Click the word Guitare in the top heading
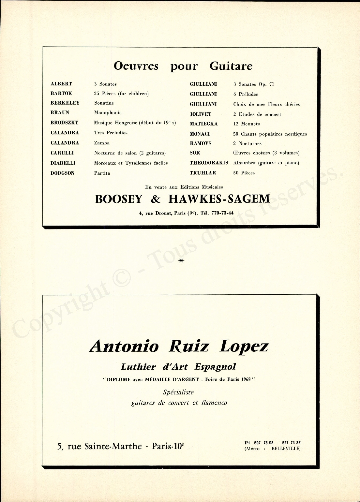point(231,66)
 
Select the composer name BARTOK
point(61,94)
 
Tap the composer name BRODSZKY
point(65,123)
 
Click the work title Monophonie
point(108,113)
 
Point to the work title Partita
point(102,173)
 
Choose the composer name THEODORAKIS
point(209,163)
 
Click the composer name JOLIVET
point(200,114)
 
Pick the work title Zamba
point(102,143)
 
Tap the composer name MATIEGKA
point(203,124)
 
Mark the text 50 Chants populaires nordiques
point(270,134)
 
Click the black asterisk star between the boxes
point(181,260)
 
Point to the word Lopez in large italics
point(244,346)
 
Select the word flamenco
point(214,403)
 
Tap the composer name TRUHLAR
point(203,173)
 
